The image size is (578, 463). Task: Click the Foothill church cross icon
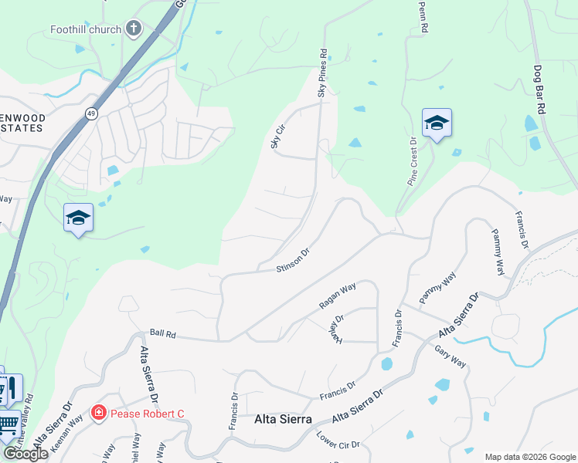(134, 29)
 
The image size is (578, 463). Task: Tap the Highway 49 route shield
(91, 114)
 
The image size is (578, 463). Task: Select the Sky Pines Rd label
(323, 73)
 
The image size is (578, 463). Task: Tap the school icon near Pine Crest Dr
(437, 123)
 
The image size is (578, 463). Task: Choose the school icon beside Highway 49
(78, 218)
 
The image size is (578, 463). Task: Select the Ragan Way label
(338, 296)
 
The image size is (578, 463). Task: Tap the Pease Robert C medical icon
(98, 414)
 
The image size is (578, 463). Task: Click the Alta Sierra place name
(283, 420)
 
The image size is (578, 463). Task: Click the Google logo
(25, 454)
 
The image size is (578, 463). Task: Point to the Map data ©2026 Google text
(529, 457)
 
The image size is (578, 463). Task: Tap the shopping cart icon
(7, 424)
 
